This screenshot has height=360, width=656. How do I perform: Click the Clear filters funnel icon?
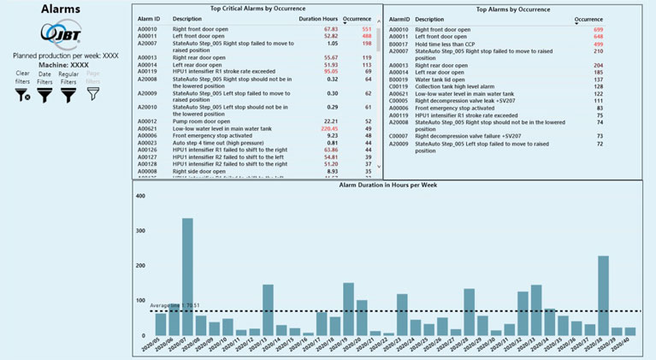pos(22,95)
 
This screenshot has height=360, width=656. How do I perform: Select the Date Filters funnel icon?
pos(44,95)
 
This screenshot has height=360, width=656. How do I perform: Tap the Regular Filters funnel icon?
pos(68,95)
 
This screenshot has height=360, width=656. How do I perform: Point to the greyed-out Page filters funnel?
pos(92,95)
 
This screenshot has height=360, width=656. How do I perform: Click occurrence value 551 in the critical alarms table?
pos(366,28)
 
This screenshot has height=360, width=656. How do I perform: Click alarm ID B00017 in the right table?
pos(399,44)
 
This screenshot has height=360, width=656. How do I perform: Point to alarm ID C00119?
pos(399,86)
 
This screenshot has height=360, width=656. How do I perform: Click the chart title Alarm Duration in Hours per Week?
pos(390,184)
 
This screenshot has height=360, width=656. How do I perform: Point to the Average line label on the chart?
pos(174,305)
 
